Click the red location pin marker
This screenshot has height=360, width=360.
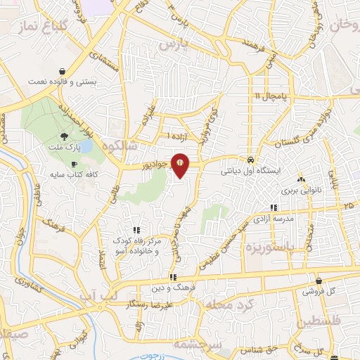[180, 165]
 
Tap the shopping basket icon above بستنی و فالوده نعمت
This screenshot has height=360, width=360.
[64, 71]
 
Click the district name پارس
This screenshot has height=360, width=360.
[175, 44]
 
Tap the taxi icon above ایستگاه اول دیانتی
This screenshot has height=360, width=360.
[250, 159]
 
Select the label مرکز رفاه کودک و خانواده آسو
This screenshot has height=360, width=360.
[136, 245]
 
